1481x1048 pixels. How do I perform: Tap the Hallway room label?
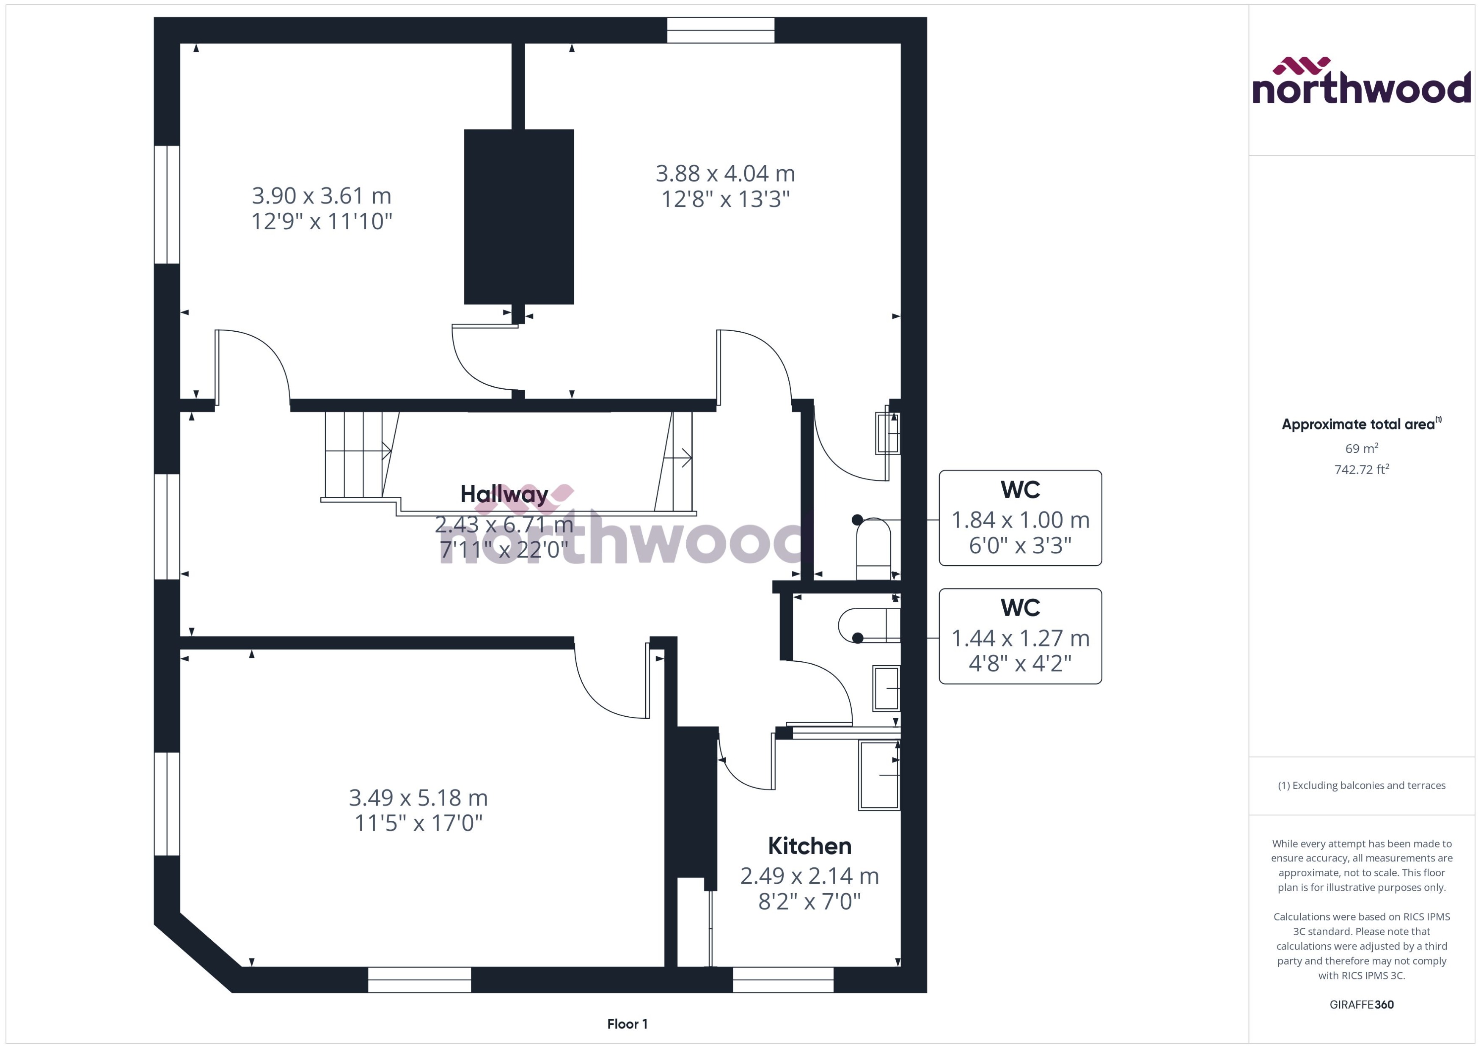pyautogui.click(x=504, y=494)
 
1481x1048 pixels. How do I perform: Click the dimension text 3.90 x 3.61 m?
pyautogui.click(x=321, y=195)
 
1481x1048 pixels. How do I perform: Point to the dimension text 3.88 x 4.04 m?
pyautogui.click(x=725, y=173)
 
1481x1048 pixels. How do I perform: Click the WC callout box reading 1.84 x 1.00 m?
pyautogui.click(x=1020, y=518)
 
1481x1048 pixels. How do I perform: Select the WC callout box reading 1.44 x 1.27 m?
pyautogui.click(x=1020, y=636)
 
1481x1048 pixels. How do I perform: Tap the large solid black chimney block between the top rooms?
pyautogui.click(x=519, y=217)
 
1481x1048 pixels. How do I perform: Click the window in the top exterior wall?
pyautogui.click(x=720, y=30)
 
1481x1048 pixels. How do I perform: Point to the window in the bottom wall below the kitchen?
pyautogui.click(x=783, y=979)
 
